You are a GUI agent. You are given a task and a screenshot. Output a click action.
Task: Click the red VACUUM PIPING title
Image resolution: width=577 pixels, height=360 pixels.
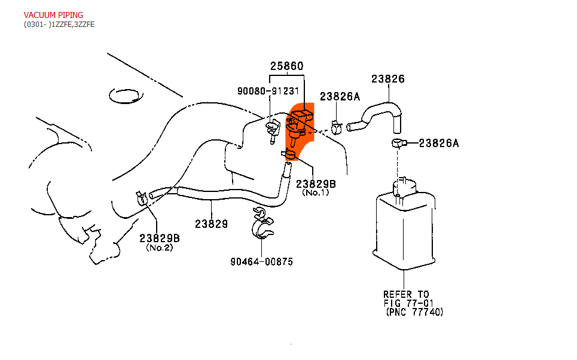click(x=53, y=14)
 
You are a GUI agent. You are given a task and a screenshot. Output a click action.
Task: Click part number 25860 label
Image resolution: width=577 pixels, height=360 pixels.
click(x=286, y=66)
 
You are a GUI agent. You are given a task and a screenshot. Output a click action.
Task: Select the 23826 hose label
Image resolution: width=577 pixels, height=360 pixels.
click(x=388, y=79)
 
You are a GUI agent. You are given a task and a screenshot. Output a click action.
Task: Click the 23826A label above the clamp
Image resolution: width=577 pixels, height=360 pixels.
click(x=340, y=96)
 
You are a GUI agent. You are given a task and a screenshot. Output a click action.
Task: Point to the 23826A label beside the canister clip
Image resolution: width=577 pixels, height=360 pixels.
click(x=439, y=143)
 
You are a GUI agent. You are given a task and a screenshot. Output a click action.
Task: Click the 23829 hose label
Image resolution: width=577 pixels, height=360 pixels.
click(x=211, y=224)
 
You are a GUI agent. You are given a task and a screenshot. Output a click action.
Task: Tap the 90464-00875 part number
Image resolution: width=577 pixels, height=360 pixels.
click(x=261, y=262)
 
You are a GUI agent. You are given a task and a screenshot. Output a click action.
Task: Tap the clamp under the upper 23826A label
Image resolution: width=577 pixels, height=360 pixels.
click(x=336, y=127)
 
